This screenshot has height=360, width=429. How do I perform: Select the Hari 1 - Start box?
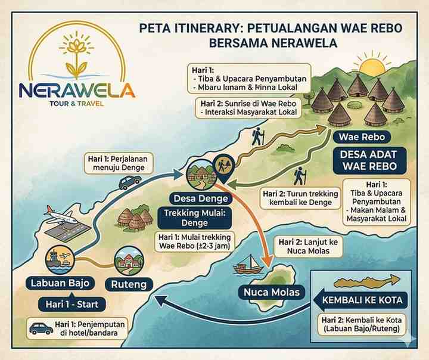coord(73,305)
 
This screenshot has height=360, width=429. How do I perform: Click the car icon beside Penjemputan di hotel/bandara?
coord(41,328)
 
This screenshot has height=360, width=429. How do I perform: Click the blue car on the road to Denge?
coord(130,182)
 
